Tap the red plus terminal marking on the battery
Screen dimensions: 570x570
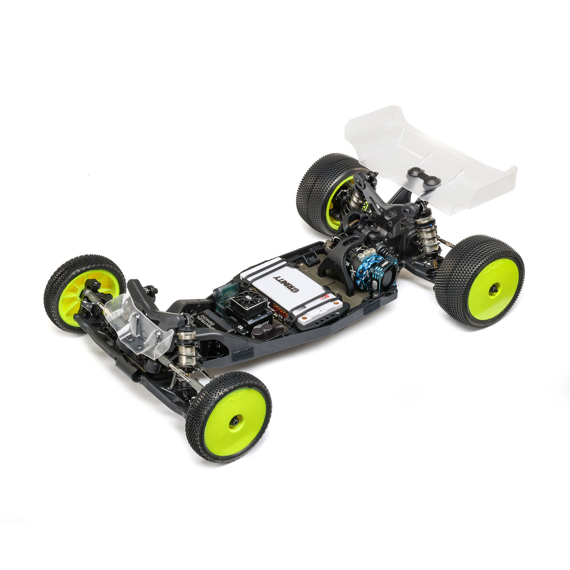tap(324, 297)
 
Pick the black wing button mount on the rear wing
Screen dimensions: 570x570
tap(424, 177)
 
